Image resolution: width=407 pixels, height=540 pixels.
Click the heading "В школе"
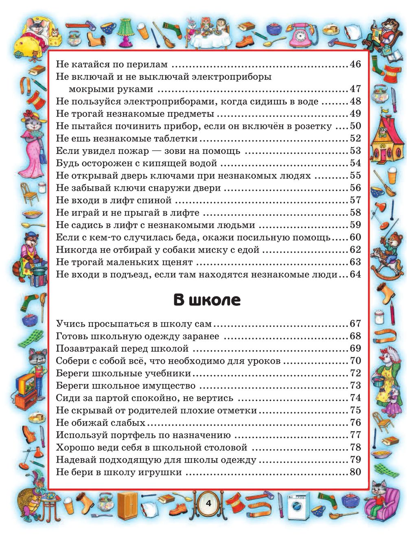point(207,300)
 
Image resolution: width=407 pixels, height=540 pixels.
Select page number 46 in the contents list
point(355,64)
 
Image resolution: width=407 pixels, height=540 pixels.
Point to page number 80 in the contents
point(355,472)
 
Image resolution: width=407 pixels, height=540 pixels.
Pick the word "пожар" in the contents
point(135,151)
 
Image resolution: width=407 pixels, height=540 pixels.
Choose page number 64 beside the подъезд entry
point(355,274)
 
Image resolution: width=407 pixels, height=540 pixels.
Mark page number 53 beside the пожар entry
point(355,151)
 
